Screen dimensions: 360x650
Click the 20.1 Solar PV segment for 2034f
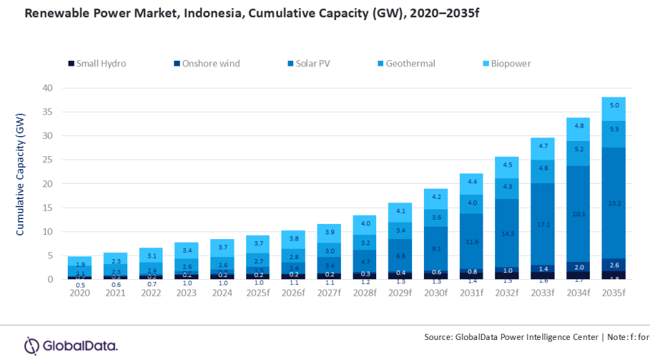[578, 214]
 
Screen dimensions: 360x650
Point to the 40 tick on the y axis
[47, 88]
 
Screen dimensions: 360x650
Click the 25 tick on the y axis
[47, 160]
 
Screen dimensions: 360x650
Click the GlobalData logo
[71, 345]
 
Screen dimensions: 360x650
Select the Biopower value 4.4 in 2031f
[471, 182]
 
